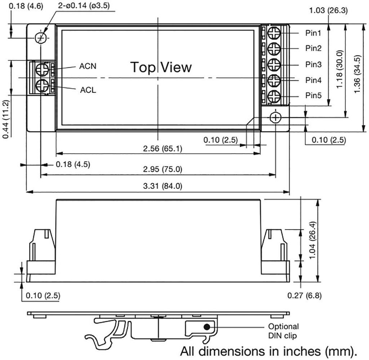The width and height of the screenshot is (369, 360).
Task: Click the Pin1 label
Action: (313, 33)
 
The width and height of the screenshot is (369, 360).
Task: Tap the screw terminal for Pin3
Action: (274, 65)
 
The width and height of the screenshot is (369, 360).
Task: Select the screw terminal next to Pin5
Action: (274, 97)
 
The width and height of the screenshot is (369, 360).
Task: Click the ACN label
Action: (88, 66)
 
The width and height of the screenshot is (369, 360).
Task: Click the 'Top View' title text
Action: (161, 67)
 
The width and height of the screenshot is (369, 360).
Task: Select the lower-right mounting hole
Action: (275, 117)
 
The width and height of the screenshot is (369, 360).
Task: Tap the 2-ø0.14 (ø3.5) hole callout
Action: (84, 6)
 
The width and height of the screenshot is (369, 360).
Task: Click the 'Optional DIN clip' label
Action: (283, 331)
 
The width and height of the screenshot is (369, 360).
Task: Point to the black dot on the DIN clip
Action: (207, 327)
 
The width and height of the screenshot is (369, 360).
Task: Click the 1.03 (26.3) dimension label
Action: (328, 10)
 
